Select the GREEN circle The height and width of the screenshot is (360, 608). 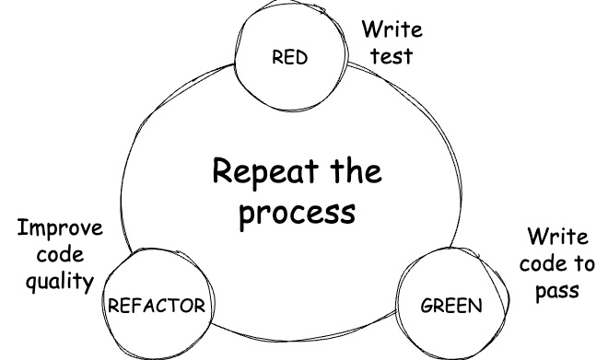coord(450,304)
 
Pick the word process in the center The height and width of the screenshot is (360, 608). coord(296,213)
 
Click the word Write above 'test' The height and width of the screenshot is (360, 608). coord(392,29)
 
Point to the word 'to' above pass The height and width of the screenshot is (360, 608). coord(584,264)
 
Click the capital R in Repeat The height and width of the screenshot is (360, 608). coord(223,171)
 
